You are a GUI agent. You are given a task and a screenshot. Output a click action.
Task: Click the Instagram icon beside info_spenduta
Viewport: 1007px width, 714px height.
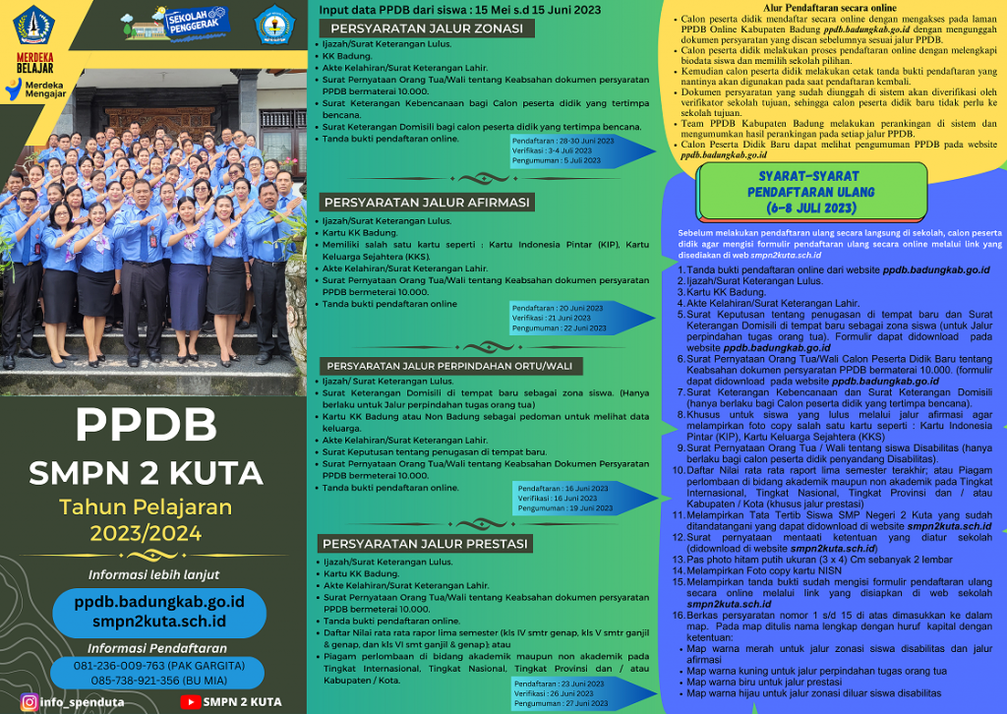tap(30, 702)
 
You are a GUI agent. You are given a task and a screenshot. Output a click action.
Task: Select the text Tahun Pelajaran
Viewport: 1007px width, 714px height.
tap(146, 507)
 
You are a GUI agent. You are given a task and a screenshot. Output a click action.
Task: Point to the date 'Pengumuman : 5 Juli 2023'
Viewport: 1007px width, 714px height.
tap(557, 160)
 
